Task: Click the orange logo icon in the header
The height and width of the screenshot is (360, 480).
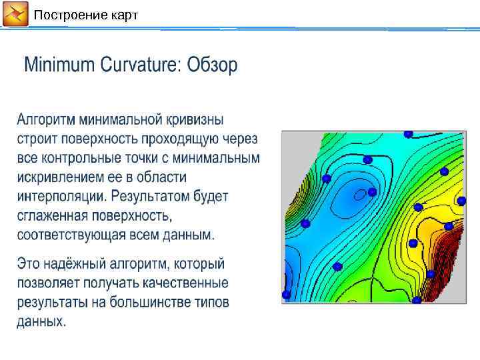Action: (15, 14)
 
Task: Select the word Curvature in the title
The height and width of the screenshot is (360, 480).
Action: (140, 65)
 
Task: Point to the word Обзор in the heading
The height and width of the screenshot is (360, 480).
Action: (212, 65)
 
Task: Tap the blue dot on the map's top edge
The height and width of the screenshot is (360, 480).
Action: (409, 134)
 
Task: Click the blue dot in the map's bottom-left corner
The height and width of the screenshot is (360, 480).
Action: (286, 294)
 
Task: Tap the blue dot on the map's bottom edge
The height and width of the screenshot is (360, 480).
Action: (416, 300)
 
